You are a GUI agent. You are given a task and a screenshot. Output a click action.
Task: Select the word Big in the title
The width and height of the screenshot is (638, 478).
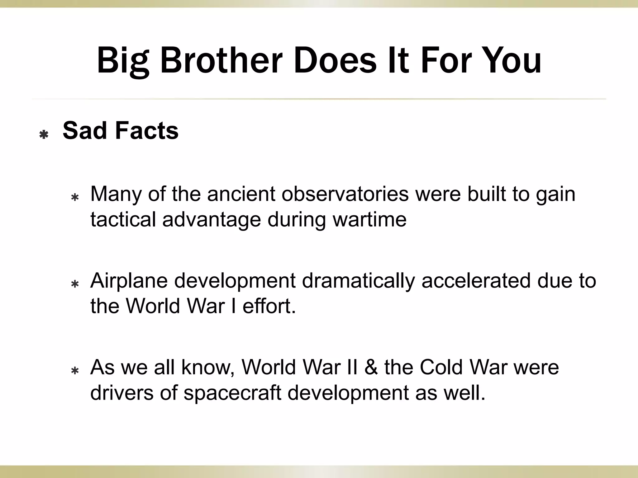click(123, 61)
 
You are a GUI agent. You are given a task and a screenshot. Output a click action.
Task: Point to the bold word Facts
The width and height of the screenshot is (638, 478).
click(147, 130)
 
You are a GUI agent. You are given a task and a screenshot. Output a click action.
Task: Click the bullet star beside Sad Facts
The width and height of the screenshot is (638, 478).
click(44, 135)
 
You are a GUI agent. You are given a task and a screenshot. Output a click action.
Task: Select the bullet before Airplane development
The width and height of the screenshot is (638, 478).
click(75, 284)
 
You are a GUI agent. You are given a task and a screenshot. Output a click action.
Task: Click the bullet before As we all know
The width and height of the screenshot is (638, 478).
click(75, 371)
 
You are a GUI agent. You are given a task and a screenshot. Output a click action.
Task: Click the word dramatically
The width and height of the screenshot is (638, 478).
click(358, 280)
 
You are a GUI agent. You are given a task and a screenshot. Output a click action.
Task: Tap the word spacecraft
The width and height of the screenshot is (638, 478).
click(232, 393)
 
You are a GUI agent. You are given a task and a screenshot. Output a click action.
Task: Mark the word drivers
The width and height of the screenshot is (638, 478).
click(122, 393)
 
